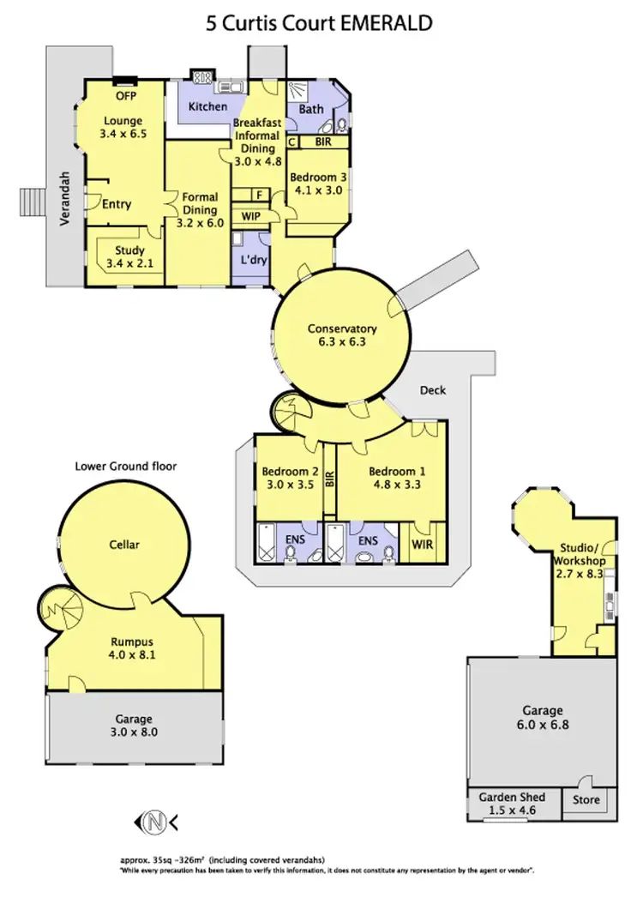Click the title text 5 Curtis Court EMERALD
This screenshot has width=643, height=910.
pos(318,23)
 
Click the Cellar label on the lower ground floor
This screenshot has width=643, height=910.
pos(124,544)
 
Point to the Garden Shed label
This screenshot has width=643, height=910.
pos(512,798)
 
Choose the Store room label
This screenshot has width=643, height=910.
pos(586,800)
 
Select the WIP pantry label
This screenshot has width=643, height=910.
pos(251,216)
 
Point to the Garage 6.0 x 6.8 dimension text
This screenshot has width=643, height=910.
pos(542,724)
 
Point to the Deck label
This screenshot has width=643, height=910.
pos(433,390)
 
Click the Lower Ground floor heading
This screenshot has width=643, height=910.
pos(126,467)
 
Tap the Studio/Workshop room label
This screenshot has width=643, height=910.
pos(583,556)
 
